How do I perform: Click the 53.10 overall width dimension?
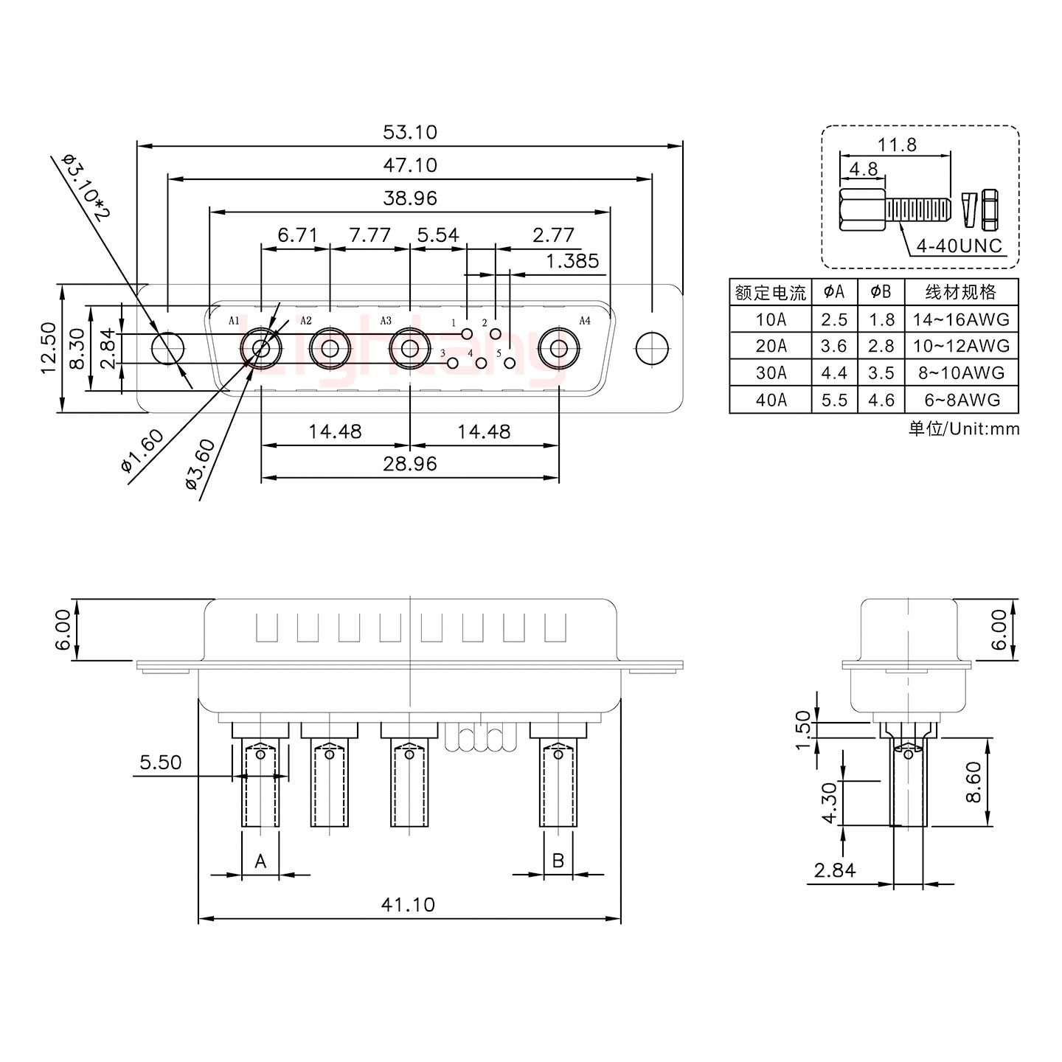[x=409, y=132]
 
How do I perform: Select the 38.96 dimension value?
[x=409, y=198]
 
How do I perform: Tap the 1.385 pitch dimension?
[x=572, y=261]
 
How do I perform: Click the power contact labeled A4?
[x=558, y=349]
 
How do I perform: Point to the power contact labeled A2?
[x=329, y=349]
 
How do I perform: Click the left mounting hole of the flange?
[x=168, y=348]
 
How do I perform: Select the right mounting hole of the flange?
[x=651, y=348]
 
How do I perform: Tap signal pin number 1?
[x=466, y=334]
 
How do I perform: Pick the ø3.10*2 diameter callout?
[x=86, y=189]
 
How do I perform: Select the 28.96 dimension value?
[x=409, y=464]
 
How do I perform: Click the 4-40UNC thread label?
[x=959, y=246]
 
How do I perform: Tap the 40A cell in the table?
[x=771, y=400]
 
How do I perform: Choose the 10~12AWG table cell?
[x=960, y=346]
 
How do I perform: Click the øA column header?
[x=834, y=292]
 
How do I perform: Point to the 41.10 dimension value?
[x=408, y=904]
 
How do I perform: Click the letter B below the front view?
[x=558, y=861]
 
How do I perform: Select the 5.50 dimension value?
[x=160, y=762]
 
